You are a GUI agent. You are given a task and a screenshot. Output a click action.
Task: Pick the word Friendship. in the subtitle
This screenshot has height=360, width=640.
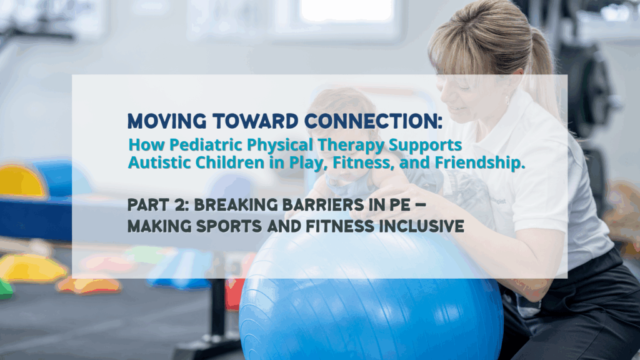coord(479,162)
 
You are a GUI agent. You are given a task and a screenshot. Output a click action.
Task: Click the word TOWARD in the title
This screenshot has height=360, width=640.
coord(256,121)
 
